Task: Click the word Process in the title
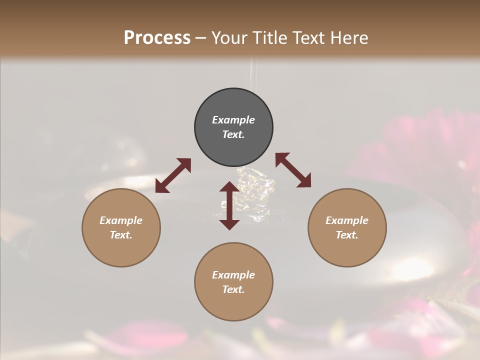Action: (157, 37)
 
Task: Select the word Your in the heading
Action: (228, 37)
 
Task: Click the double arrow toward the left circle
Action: (173, 175)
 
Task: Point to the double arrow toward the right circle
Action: (293, 170)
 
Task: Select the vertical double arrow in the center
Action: (229, 205)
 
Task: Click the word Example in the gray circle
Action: (233, 120)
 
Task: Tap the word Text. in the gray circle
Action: (233, 134)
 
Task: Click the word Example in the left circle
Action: (121, 220)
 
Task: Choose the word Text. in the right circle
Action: (347, 235)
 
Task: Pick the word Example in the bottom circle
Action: (233, 275)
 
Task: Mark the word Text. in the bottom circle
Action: (233, 289)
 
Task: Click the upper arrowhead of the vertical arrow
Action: (229, 187)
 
